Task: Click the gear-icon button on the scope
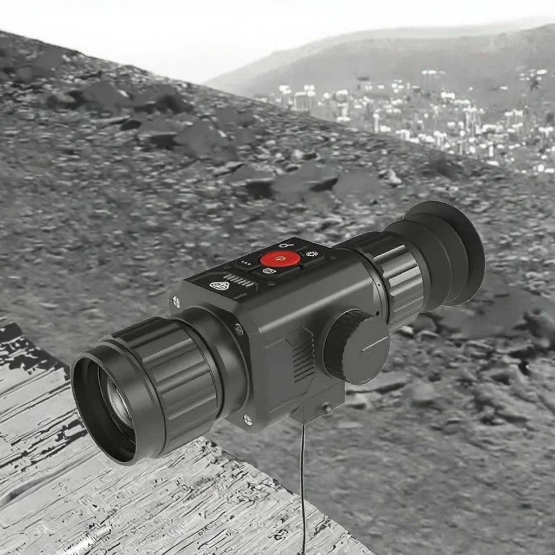pyautogui.click(x=311, y=254)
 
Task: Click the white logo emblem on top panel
pyautogui.click(x=218, y=285)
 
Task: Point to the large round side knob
pyautogui.click(x=357, y=347)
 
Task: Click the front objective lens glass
pyautogui.click(x=118, y=402)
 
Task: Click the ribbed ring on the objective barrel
pyautogui.click(x=173, y=379)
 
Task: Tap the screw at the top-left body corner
pyautogui.click(x=176, y=302)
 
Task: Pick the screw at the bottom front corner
pyautogui.click(x=247, y=418)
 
